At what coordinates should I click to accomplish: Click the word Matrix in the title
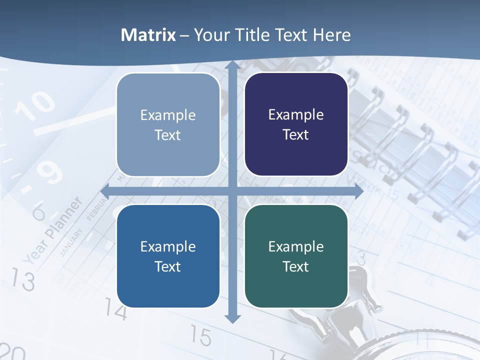[148, 35]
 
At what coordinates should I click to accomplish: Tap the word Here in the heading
[331, 35]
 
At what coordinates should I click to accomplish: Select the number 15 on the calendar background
[201, 336]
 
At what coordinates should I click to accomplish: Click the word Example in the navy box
[296, 115]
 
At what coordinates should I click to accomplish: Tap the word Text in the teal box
[296, 266]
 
